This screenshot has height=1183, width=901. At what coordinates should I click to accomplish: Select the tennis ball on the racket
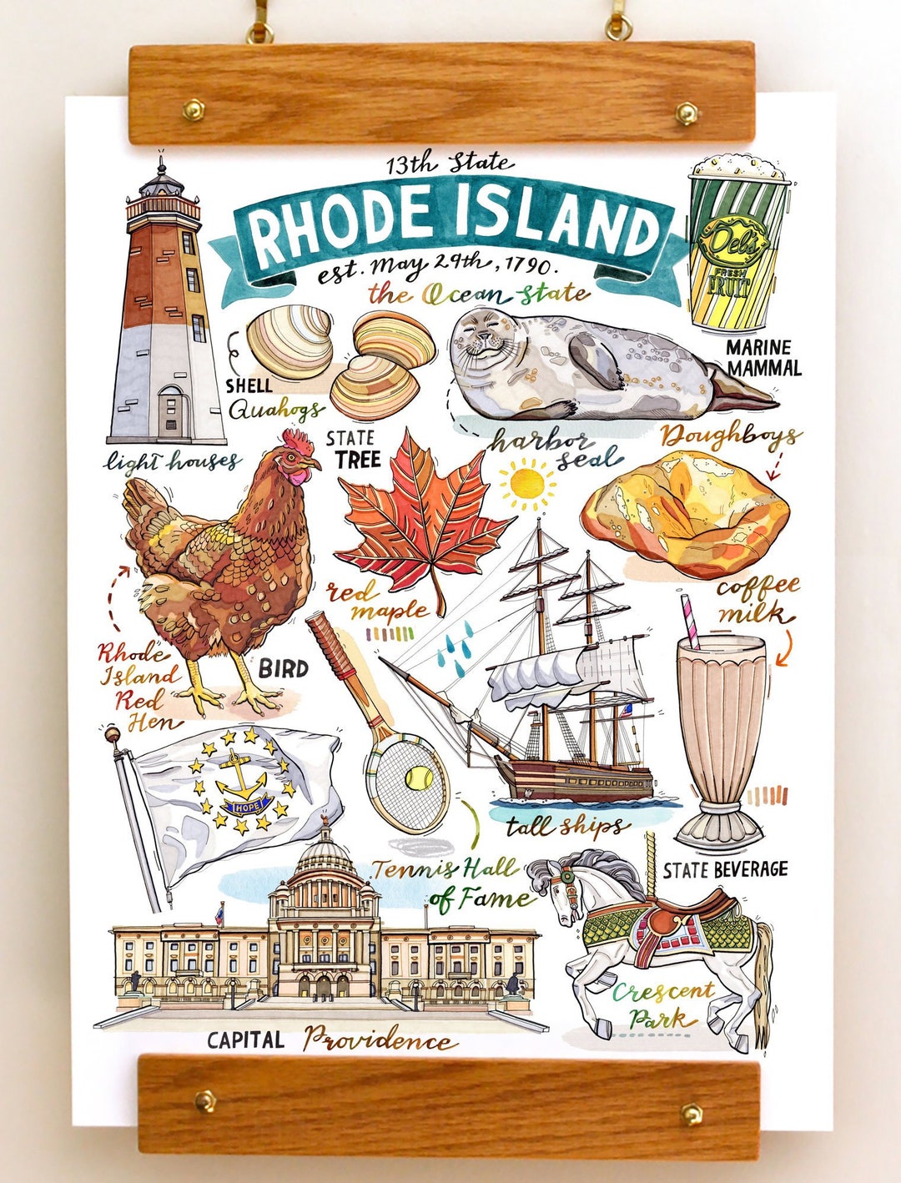(x=414, y=779)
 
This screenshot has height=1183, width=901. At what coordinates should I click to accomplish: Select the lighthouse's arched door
(x=170, y=412)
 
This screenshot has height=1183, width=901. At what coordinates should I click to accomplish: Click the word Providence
(x=380, y=1040)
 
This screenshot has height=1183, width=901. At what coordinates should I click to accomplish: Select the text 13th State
(x=450, y=164)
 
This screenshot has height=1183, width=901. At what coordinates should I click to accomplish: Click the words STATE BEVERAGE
(x=725, y=870)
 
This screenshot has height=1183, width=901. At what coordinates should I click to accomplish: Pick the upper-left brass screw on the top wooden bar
(x=194, y=109)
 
